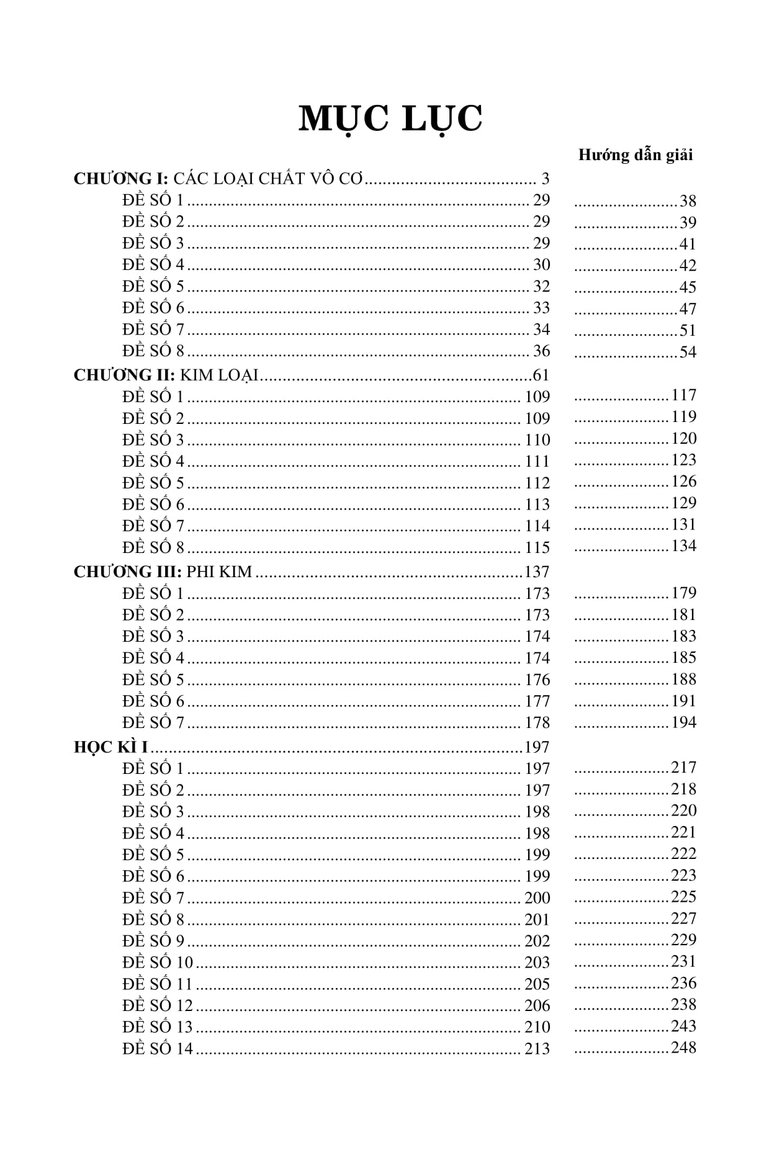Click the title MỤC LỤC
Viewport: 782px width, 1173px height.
click(x=390, y=119)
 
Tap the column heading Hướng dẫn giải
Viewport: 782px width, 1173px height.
click(x=635, y=155)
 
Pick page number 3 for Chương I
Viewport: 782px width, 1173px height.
click(x=545, y=179)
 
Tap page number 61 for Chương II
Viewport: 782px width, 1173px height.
click(x=541, y=375)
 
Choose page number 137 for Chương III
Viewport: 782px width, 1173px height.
click(x=537, y=572)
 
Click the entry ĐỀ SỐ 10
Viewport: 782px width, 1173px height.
click(x=158, y=963)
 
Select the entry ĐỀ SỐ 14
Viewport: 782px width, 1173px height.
click(x=158, y=1049)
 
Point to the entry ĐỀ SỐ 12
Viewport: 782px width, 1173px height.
click(x=158, y=1005)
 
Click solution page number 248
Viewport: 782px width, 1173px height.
click(x=683, y=1048)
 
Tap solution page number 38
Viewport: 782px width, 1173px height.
click(x=688, y=201)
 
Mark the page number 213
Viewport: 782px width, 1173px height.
click(x=537, y=1049)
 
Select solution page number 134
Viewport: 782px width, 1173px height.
click(x=683, y=546)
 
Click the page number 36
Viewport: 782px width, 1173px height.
click(x=541, y=351)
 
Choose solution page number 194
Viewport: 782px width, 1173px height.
click(x=683, y=722)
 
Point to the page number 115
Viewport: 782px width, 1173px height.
click(x=537, y=548)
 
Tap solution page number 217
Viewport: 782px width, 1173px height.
click(x=683, y=768)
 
